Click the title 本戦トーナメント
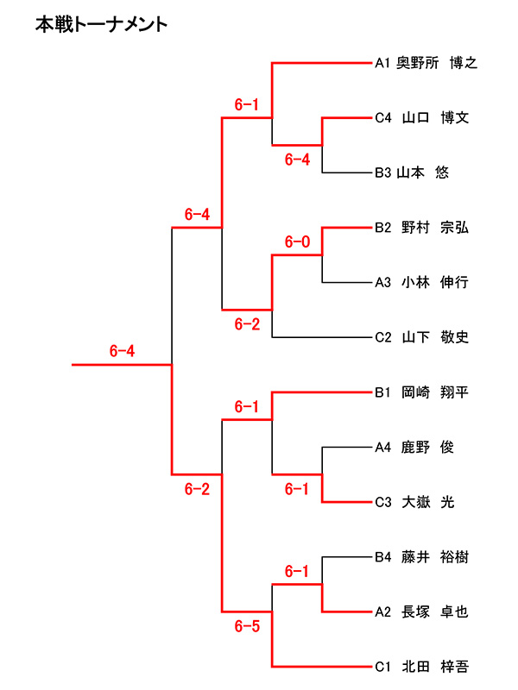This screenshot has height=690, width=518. pyautogui.click(x=101, y=25)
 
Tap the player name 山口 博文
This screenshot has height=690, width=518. pyautogui.click(x=435, y=117)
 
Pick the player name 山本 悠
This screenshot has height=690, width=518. pyautogui.click(x=422, y=172)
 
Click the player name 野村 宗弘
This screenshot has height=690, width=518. pyautogui.click(x=435, y=228)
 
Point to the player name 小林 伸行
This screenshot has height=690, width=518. pyautogui.click(x=435, y=282)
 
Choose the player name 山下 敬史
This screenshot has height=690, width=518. pyautogui.click(x=435, y=337)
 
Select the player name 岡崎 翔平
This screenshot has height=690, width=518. pyautogui.click(x=435, y=392)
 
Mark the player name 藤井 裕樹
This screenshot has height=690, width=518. pyautogui.click(x=435, y=557)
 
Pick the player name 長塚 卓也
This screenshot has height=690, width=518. pyautogui.click(x=435, y=612)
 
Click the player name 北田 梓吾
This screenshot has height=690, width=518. pyautogui.click(x=435, y=667)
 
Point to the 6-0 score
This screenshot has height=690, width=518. pyautogui.click(x=297, y=242)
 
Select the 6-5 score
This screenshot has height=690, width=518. pyautogui.click(x=247, y=627)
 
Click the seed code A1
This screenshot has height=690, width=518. pyautogui.click(x=383, y=62)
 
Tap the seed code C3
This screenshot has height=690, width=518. pyautogui.click(x=383, y=503)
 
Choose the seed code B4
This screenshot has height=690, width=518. pyautogui.click(x=383, y=557)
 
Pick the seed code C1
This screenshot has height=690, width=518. pyautogui.click(x=383, y=667)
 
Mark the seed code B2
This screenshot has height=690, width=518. pyautogui.click(x=383, y=228)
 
